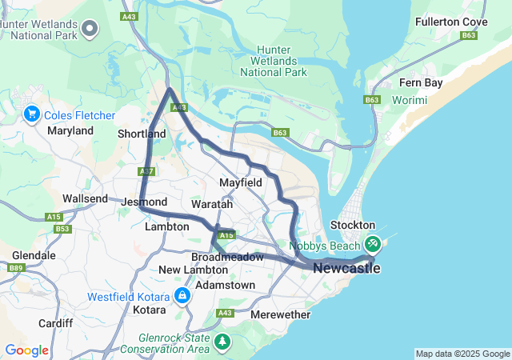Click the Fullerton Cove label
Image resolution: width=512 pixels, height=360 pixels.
click(x=450, y=21)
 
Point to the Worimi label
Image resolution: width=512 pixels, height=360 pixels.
click(x=410, y=100)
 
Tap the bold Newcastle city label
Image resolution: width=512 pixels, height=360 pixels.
click(x=346, y=268)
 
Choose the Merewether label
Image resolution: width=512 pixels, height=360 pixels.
click(x=280, y=314)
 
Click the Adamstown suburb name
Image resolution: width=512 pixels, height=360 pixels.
click(x=225, y=285)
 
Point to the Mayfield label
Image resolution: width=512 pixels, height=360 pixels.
click(x=241, y=182)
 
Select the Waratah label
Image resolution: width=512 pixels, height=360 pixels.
click(x=212, y=205)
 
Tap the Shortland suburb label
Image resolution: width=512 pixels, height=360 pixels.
click(x=141, y=134)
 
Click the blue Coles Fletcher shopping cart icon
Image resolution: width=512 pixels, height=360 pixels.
click(x=32, y=114)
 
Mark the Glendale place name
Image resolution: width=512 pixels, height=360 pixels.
click(x=33, y=255)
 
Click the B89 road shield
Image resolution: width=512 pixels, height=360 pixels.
click(x=14, y=268)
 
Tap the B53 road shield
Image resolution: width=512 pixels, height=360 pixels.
click(x=63, y=229)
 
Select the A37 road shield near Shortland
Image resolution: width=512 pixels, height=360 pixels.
click(x=146, y=171)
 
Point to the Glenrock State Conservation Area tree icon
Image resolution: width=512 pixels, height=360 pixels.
click(x=222, y=342)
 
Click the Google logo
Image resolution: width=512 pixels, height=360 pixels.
click(x=26, y=350)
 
